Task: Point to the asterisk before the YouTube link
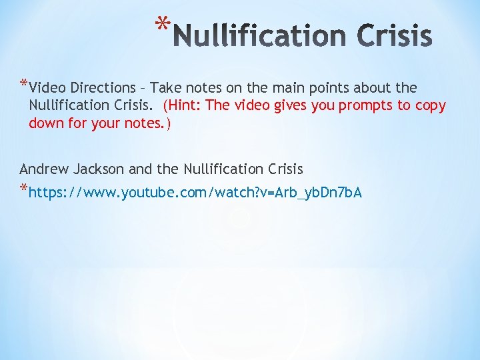(24, 191)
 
